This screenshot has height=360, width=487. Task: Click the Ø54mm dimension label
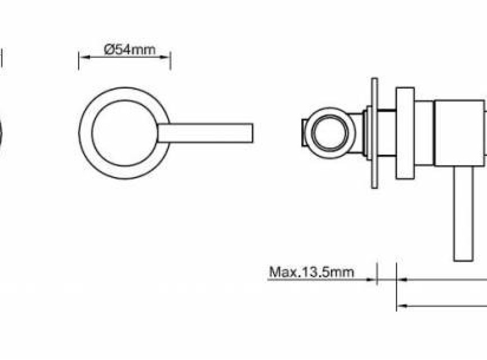click(130, 49)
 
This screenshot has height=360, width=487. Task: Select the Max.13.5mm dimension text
click(311, 272)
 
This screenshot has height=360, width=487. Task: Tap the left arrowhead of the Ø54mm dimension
click(84, 57)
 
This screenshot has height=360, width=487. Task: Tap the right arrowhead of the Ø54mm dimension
click(164, 57)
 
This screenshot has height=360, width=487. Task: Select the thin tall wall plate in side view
click(374, 133)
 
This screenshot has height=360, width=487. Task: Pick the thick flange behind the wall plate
click(405, 133)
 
